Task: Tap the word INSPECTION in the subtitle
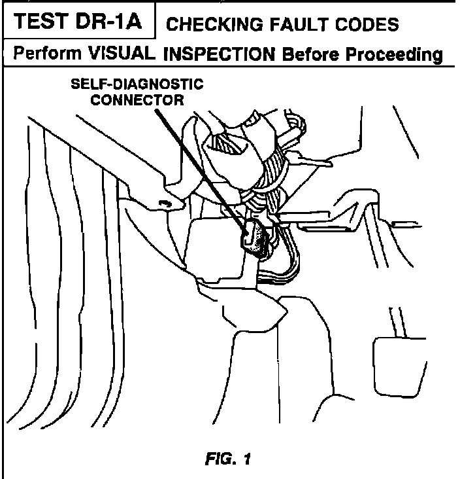tap(220, 54)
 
